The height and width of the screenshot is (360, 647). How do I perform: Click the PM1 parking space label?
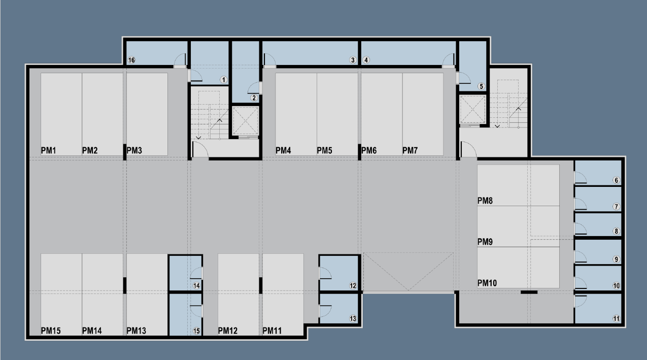tap(49, 150)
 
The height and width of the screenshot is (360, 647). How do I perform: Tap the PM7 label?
tap(410, 150)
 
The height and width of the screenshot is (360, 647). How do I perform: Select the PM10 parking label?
tap(487, 283)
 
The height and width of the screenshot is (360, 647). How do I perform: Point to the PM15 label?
tap(51, 331)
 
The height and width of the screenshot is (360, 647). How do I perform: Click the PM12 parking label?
tap(228, 331)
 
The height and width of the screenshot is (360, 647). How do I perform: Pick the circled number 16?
tap(131, 60)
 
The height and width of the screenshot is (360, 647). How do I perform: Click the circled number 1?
tap(223, 80)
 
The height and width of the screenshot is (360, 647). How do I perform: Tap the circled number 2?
tap(254, 98)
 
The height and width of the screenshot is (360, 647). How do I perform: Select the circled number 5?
tap(481, 86)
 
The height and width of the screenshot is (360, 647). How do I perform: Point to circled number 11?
tap(616, 319)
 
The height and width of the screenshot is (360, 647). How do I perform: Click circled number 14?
tap(196, 286)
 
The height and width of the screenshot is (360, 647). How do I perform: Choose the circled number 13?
tap(353, 319)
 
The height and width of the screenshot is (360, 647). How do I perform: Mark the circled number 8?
tap(616, 231)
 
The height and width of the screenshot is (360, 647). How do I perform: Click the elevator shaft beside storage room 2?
tap(246, 121)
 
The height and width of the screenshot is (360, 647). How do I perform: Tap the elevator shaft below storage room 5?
tap(472, 109)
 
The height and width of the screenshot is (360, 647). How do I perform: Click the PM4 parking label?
tap(283, 150)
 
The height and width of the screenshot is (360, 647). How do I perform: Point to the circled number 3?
tap(353, 60)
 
